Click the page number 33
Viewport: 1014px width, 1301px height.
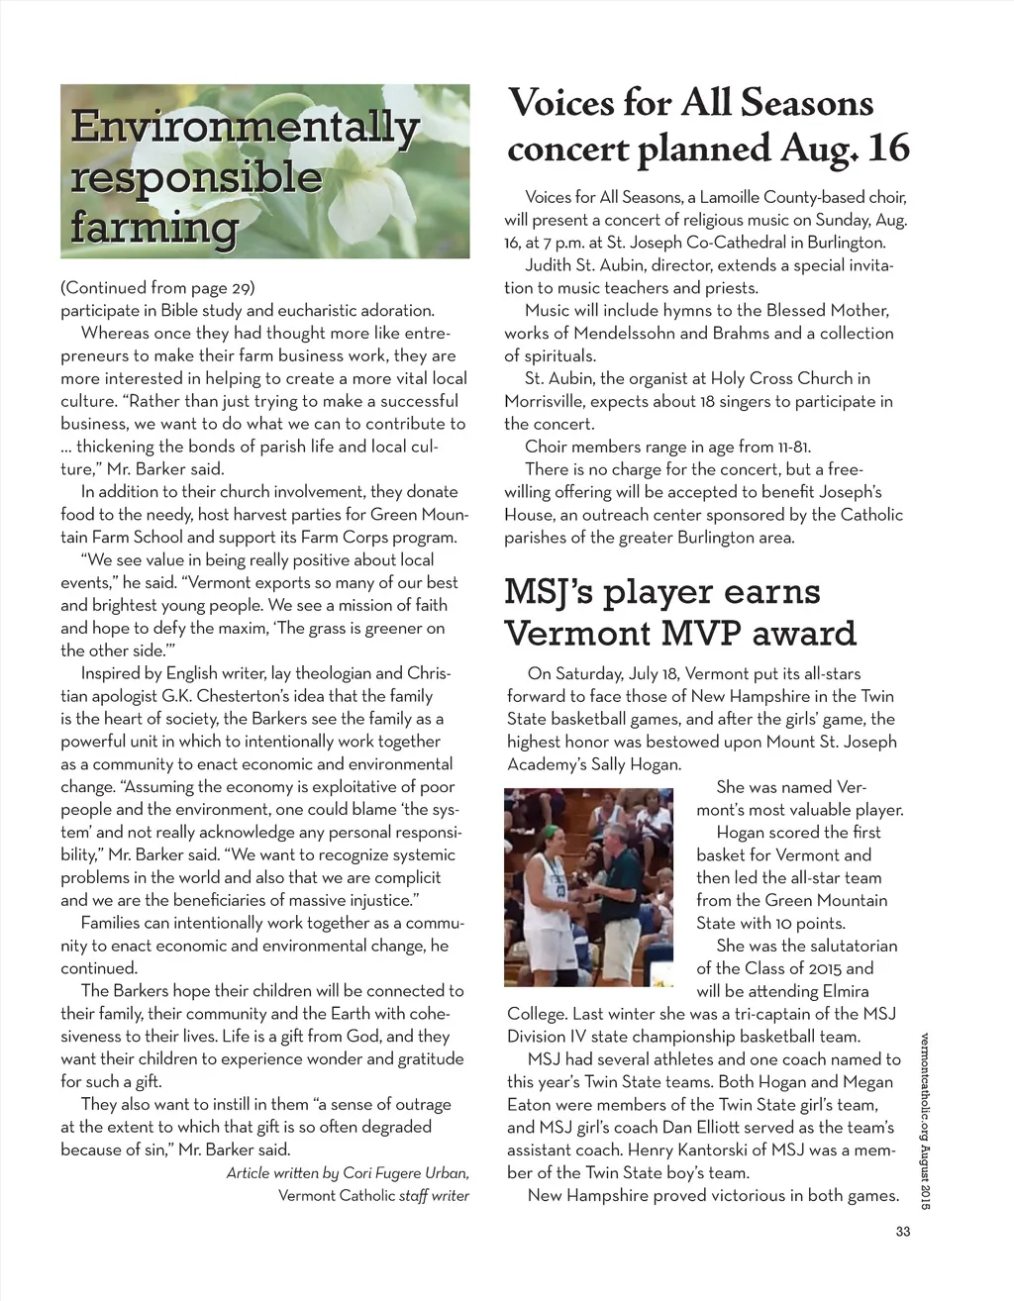(901, 1232)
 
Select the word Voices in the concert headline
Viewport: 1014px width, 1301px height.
(561, 103)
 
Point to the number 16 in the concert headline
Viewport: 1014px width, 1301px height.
(887, 149)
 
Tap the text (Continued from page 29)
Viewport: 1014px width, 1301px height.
(158, 288)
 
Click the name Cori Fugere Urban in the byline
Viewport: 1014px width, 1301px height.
(405, 1172)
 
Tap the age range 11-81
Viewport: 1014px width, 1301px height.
(787, 447)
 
